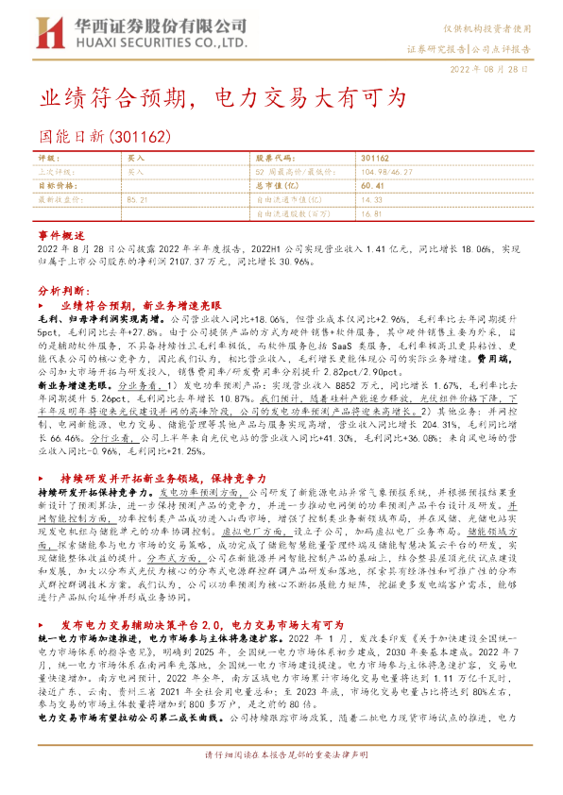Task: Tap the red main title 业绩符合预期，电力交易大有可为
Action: (222, 97)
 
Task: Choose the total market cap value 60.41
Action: (370, 186)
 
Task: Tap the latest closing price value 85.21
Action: (137, 200)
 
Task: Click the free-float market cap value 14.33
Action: (370, 200)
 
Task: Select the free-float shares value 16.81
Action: (370, 213)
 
